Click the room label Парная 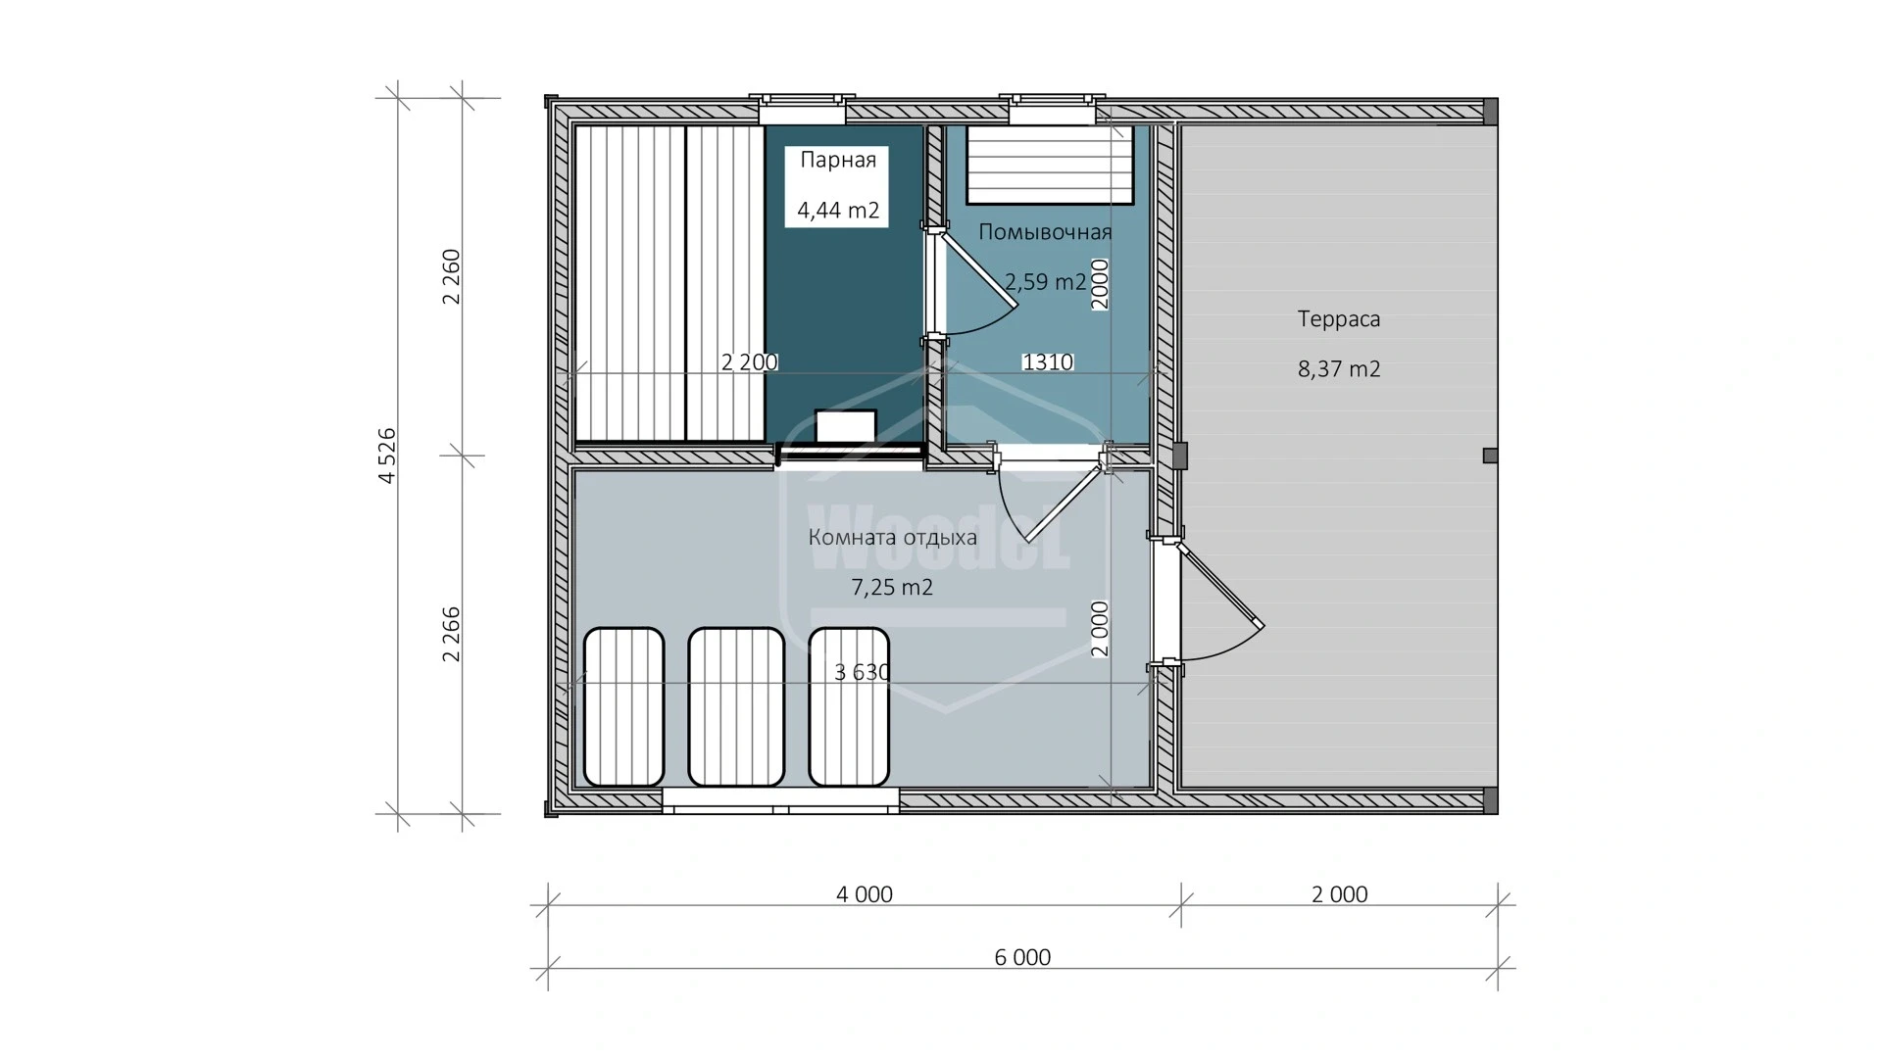point(837,160)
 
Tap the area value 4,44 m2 point(837,210)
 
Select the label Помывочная point(1045,232)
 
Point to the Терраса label point(1338,318)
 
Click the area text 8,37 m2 point(1338,369)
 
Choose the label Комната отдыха point(892,537)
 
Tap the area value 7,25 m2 point(891,588)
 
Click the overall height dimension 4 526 point(387,455)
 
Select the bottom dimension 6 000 point(1021,957)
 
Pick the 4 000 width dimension point(864,894)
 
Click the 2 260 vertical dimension point(451,276)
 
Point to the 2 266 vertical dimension point(451,634)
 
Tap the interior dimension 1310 point(1047,362)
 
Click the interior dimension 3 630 point(862,672)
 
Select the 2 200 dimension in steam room point(749,362)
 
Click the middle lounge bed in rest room point(736,706)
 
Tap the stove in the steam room point(846,428)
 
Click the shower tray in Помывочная point(1051,165)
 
